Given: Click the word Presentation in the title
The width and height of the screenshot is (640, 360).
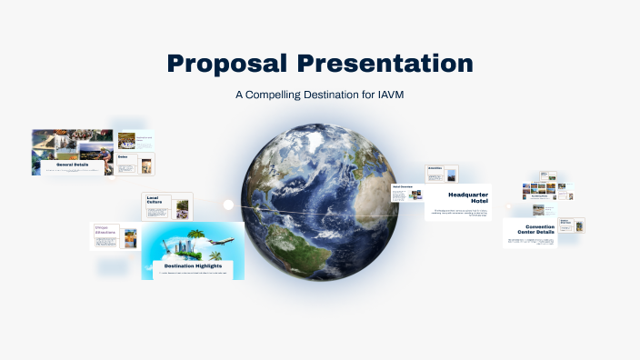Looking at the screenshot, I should [x=385, y=64].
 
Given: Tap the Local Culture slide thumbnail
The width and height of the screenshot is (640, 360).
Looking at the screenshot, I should [x=167, y=206].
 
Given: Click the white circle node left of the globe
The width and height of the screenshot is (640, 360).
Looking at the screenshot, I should [x=228, y=205].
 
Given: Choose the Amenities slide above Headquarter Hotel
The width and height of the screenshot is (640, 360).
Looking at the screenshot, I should [x=442, y=174].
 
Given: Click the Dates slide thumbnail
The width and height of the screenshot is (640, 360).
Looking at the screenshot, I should [x=135, y=164].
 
